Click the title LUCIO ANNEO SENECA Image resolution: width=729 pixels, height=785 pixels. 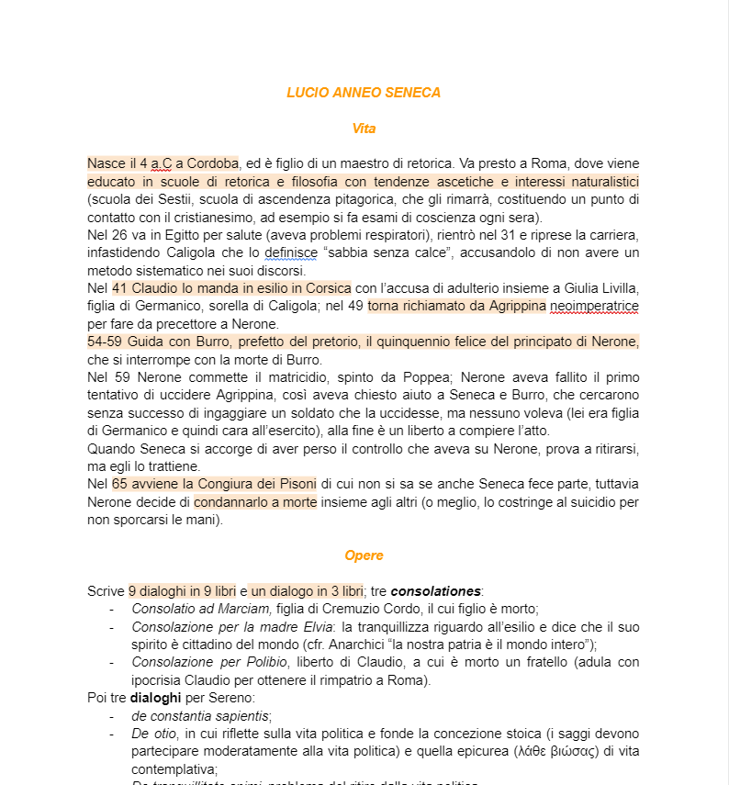tap(364, 93)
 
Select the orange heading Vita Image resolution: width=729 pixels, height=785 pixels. tap(364, 129)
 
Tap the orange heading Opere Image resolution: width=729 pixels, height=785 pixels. tap(364, 555)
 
